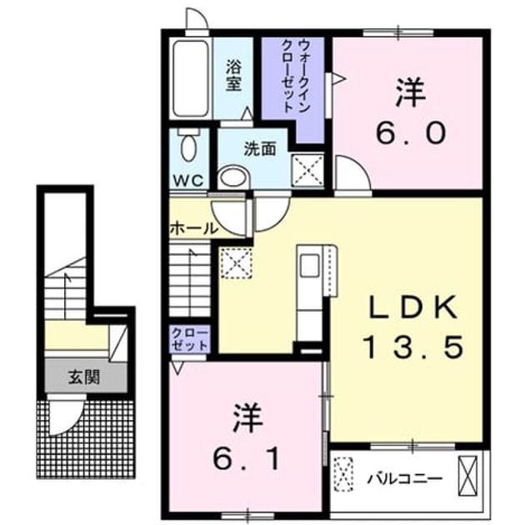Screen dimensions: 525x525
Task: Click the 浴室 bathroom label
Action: pyautogui.click(x=233, y=75)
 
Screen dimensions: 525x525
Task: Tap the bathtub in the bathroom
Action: pyautogui.click(x=191, y=78)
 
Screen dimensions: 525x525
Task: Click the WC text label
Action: pyautogui.click(x=187, y=181)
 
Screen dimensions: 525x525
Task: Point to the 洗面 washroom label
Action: pyautogui.click(x=260, y=149)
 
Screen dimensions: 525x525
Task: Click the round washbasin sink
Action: pyautogui.click(x=233, y=177)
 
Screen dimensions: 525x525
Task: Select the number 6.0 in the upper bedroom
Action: pyautogui.click(x=411, y=132)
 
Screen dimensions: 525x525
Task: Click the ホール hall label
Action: pyautogui.click(x=194, y=229)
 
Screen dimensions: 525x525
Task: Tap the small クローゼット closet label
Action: pyautogui.click(x=190, y=339)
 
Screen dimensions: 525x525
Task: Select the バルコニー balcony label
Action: pyautogui.click(x=404, y=479)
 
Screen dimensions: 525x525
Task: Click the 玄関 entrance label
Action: pyautogui.click(x=84, y=377)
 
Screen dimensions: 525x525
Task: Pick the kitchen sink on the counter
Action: pyautogui.click(x=309, y=266)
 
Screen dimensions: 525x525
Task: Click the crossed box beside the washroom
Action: pyautogui.click(x=308, y=171)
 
